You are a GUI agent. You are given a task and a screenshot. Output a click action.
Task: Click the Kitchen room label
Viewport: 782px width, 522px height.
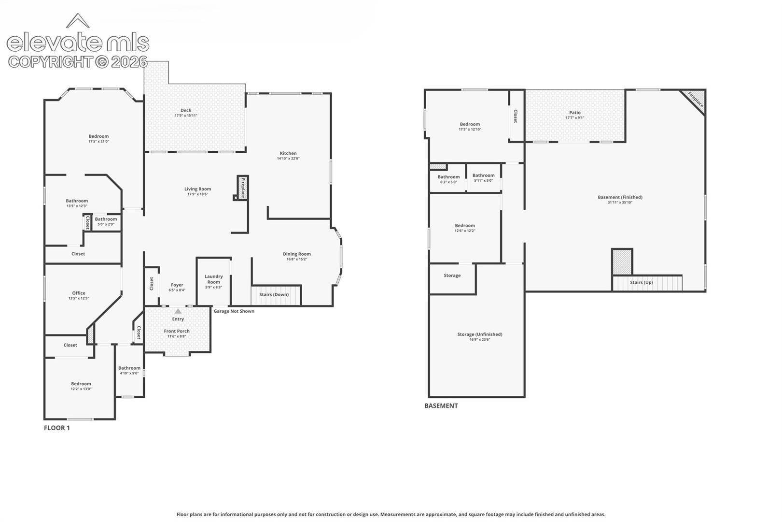click(288, 153)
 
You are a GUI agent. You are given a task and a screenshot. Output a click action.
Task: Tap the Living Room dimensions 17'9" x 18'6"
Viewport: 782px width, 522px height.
click(197, 194)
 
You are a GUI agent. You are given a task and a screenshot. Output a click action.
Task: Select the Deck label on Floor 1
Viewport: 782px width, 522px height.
click(186, 110)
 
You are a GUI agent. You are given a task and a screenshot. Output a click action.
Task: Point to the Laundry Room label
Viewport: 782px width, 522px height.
click(213, 279)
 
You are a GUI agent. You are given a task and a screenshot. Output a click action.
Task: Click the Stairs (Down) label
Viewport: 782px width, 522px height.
click(274, 294)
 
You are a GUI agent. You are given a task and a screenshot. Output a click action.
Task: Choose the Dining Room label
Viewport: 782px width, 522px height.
click(297, 254)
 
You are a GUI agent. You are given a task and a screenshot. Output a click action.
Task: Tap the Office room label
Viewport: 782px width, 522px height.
click(79, 293)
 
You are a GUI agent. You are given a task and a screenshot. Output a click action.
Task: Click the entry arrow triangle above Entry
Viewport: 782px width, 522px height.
click(178, 311)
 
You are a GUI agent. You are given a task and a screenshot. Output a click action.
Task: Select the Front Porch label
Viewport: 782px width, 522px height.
click(177, 331)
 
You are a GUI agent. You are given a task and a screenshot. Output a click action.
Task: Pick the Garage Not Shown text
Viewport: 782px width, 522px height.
click(234, 311)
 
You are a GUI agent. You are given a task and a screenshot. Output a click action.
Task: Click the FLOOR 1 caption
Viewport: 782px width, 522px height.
click(57, 428)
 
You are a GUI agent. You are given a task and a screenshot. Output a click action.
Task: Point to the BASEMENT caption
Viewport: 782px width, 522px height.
click(441, 406)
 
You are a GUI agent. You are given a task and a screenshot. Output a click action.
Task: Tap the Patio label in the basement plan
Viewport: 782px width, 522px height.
click(574, 113)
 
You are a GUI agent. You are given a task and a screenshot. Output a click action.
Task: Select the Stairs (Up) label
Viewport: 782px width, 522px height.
click(642, 282)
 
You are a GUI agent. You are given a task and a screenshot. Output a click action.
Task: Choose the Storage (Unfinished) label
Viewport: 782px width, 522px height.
click(480, 334)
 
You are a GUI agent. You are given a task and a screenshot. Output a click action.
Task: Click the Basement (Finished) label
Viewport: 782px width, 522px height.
click(620, 197)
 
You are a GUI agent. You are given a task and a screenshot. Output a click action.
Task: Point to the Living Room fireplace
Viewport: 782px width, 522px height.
click(243, 188)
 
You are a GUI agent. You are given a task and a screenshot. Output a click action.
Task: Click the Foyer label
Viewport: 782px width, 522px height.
click(177, 285)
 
